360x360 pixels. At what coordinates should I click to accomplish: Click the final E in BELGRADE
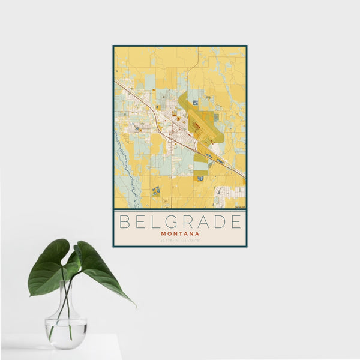point(236,222)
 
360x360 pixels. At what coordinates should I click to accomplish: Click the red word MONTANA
point(180,233)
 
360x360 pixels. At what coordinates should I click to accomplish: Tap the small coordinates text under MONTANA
point(180,241)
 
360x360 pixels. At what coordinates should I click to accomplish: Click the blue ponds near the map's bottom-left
point(156,191)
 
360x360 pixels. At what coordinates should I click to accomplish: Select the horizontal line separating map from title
point(180,209)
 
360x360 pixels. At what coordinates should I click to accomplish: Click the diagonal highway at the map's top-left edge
point(123,87)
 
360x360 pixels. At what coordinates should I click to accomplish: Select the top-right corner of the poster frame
point(247,46)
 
